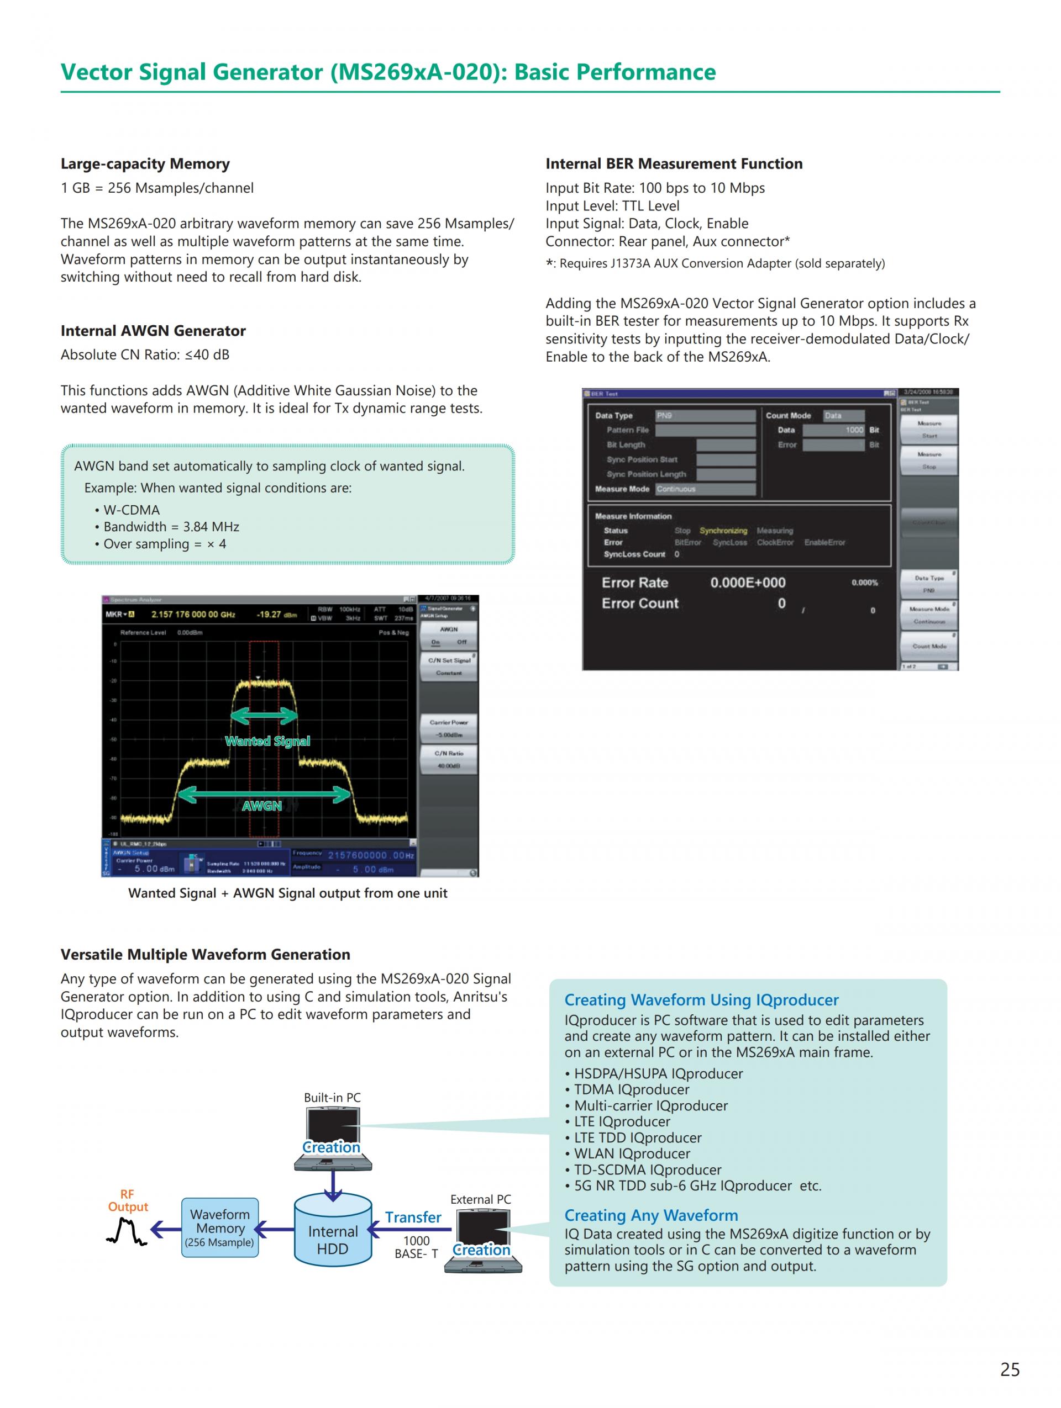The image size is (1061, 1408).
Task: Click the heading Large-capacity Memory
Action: pyautogui.click(x=145, y=163)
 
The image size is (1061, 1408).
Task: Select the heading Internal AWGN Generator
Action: pyautogui.click(x=153, y=330)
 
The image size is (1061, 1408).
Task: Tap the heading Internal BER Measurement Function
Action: pyautogui.click(x=674, y=163)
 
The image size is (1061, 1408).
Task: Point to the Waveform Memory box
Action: pyautogui.click(x=220, y=1228)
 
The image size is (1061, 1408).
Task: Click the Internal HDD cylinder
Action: pyautogui.click(x=333, y=1231)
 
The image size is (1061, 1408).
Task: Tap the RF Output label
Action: pyautogui.click(x=127, y=1200)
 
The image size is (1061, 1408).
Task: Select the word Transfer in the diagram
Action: pyautogui.click(x=413, y=1217)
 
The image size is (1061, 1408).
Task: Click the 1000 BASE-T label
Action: pyautogui.click(x=416, y=1247)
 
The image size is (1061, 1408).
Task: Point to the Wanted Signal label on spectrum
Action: pyautogui.click(x=267, y=741)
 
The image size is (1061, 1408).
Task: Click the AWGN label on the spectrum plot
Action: pyautogui.click(x=262, y=806)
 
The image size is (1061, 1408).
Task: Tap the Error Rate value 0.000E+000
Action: pyautogui.click(x=748, y=583)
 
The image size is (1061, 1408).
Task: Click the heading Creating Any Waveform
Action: pyautogui.click(x=651, y=1215)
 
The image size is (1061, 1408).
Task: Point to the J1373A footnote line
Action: pyautogui.click(x=715, y=263)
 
